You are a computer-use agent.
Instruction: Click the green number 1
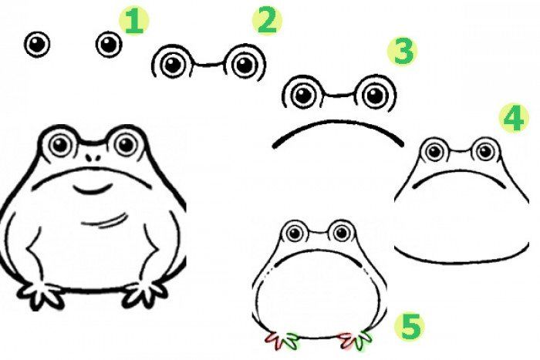(x=133, y=22)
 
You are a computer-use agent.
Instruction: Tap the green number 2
(x=267, y=21)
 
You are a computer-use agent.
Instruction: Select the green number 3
(x=403, y=52)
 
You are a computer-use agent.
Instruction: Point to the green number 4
(x=515, y=119)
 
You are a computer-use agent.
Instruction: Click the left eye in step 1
(x=37, y=45)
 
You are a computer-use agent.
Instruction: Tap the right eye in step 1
(x=109, y=45)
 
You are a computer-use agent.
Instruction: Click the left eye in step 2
(x=172, y=64)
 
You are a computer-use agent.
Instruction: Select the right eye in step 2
(x=245, y=64)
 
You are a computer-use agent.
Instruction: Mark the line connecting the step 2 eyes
(x=208, y=64)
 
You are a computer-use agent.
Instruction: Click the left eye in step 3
(x=304, y=95)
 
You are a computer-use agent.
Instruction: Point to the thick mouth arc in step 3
(x=338, y=121)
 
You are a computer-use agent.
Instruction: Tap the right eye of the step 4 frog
(x=486, y=151)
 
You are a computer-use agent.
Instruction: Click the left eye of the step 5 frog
(x=295, y=234)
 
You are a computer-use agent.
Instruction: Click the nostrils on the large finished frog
(x=93, y=157)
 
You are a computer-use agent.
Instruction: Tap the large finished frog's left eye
(x=59, y=145)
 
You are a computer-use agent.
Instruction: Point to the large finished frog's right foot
(x=145, y=294)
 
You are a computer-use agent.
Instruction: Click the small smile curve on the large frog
(x=93, y=189)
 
